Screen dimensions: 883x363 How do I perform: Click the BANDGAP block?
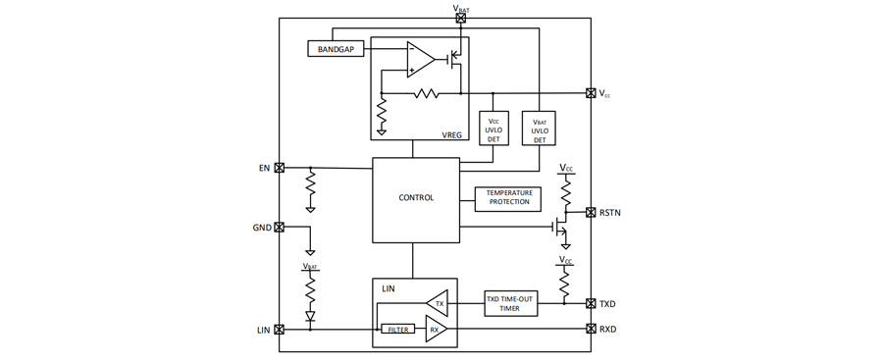click(336, 49)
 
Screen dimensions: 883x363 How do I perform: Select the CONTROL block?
click(416, 200)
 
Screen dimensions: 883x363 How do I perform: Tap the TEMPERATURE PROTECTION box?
click(508, 199)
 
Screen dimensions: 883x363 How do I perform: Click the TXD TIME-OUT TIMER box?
click(511, 304)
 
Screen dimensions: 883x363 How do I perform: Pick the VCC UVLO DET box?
click(493, 128)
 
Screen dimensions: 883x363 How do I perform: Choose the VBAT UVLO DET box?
click(539, 128)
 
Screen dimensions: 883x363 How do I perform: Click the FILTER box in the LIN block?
click(398, 330)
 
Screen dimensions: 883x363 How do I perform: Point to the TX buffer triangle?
click(438, 303)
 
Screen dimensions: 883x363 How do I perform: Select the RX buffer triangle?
click(437, 330)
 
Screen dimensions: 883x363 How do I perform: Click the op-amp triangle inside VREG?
click(420, 60)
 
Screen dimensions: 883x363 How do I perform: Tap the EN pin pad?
click(280, 167)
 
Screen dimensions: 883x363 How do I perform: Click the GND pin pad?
click(280, 228)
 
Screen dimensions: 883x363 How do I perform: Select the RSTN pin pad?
click(591, 212)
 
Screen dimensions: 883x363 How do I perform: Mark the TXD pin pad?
click(591, 304)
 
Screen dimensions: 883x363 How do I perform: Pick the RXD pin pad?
click(591, 329)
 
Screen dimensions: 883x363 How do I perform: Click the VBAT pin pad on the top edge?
click(461, 18)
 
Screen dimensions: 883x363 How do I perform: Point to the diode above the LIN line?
click(310, 316)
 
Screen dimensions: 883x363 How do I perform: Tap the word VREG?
click(452, 134)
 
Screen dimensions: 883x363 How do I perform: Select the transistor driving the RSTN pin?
click(559, 226)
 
